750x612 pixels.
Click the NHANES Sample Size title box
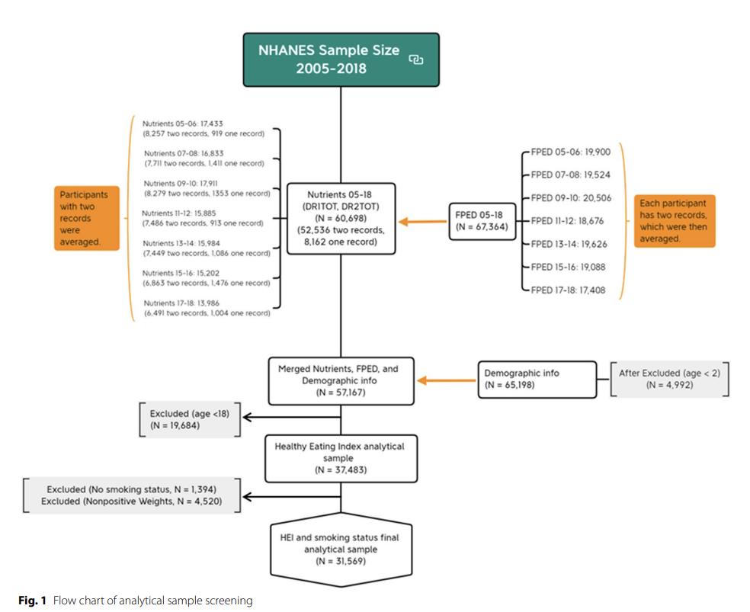[x=341, y=59]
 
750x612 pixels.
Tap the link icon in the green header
[x=415, y=59]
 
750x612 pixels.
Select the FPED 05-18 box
[x=482, y=221]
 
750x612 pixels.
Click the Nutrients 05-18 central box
[x=341, y=218]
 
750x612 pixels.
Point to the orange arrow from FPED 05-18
[x=423, y=221]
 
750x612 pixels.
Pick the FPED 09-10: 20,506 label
[x=571, y=198]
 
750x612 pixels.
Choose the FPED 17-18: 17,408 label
[x=568, y=290]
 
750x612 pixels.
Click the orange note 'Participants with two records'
[x=87, y=218]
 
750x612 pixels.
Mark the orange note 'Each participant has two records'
[x=675, y=221]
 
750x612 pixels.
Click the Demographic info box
[x=537, y=379]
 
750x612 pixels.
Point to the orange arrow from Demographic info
[x=447, y=380]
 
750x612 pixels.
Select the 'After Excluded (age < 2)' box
[x=670, y=379]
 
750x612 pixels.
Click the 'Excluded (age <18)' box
[x=190, y=419]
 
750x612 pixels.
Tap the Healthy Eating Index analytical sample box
[x=341, y=458]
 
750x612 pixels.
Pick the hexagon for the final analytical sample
[x=341, y=550]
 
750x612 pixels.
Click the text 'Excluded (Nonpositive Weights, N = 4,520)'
[x=132, y=501]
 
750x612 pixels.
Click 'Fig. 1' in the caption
[x=33, y=601]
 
